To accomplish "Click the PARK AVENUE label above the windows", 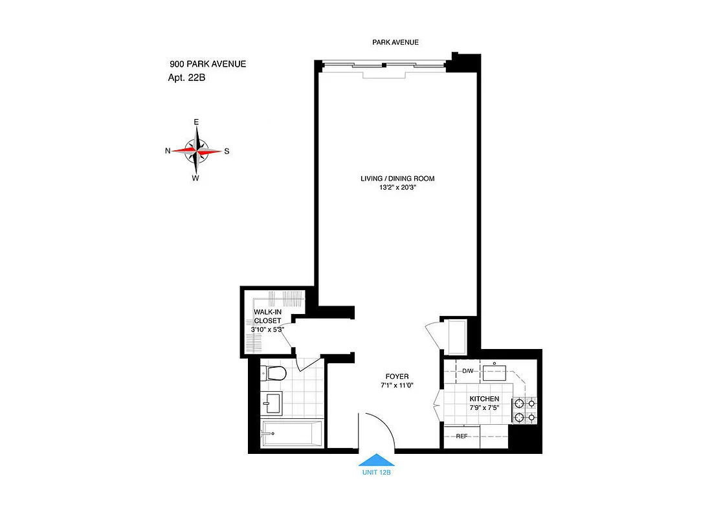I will [395, 42].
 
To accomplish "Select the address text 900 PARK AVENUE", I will [207, 63].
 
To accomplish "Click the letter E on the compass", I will [196, 122].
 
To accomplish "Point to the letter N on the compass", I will [168, 151].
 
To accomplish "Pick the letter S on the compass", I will [227, 151].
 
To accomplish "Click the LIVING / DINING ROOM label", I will [397, 178].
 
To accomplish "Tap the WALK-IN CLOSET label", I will [267, 316].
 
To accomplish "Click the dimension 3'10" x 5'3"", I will [267, 329].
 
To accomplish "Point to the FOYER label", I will [397, 376].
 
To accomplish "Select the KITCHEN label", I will [484, 398].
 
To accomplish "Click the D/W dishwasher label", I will [468, 371].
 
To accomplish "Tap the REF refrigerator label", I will [462, 436].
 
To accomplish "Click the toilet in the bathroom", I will [274, 373].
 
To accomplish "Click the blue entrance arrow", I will [376, 460].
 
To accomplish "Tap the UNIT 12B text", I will [376, 473].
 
